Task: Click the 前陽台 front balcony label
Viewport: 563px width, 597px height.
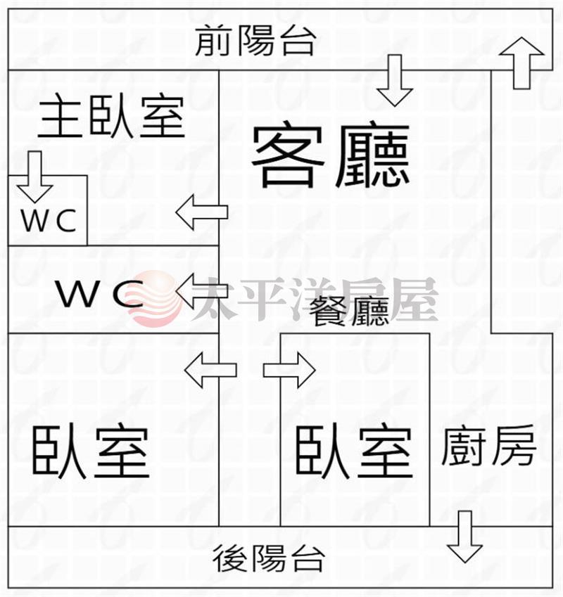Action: pyautogui.click(x=255, y=41)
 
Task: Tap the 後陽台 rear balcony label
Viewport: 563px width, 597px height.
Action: pyautogui.click(x=269, y=560)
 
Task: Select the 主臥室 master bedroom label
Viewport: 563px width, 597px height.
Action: pyautogui.click(x=111, y=118)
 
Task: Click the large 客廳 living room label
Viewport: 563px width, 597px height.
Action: pyautogui.click(x=331, y=156)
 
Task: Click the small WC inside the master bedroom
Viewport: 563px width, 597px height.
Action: pyautogui.click(x=48, y=222)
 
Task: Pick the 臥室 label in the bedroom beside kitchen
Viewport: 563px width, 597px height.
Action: pyautogui.click(x=353, y=452)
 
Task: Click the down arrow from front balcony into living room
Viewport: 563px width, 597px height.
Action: pyautogui.click(x=394, y=80)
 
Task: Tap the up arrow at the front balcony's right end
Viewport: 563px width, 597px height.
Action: pyautogui.click(x=521, y=63)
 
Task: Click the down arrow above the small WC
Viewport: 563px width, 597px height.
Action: pyautogui.click(x=34, y=177)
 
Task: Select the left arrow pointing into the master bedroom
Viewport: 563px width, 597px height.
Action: pyautogui.click(x=201, y=212)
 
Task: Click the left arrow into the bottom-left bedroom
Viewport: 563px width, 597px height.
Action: pyautogui.click(x=210, y=370)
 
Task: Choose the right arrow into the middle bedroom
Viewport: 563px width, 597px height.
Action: pyautogui.click(x=289, y=370)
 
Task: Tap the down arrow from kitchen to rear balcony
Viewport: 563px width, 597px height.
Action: pyautogui.click(x=464, y=537)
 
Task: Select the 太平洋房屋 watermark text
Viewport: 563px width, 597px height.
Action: pyautogui.click(x=314, y=299)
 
